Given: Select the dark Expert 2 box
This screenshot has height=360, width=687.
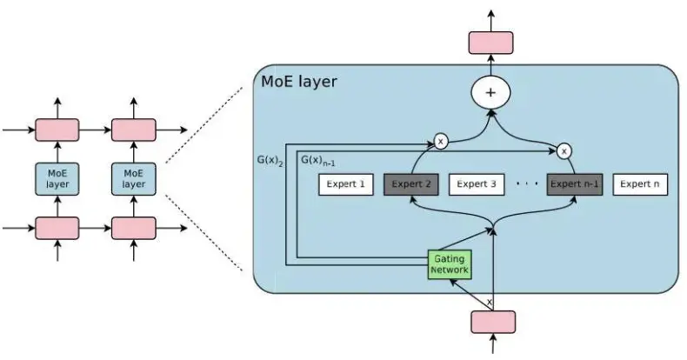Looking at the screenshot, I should coord(410,184).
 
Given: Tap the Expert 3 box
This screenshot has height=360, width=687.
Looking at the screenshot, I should coord(476,184).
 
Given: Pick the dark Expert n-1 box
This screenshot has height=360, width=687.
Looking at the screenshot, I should coord(574,184).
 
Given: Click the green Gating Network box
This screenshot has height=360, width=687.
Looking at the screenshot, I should coord(450,264).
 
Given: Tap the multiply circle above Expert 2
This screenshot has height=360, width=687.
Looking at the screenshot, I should coord(440,141).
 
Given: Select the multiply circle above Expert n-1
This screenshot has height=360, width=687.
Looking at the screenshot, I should coord(564,150).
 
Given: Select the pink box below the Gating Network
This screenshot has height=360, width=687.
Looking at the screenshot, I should coord(493,322).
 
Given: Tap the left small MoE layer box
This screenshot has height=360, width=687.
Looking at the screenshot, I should coord(57,179).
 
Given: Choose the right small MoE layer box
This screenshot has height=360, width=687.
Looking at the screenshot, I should coord(133,179).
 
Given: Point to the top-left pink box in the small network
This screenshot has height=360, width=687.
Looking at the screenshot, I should coord(57,130).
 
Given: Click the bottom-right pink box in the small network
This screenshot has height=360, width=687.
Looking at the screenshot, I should coord(133,228).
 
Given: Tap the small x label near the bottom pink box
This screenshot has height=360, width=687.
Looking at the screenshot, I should coord(489,302).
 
